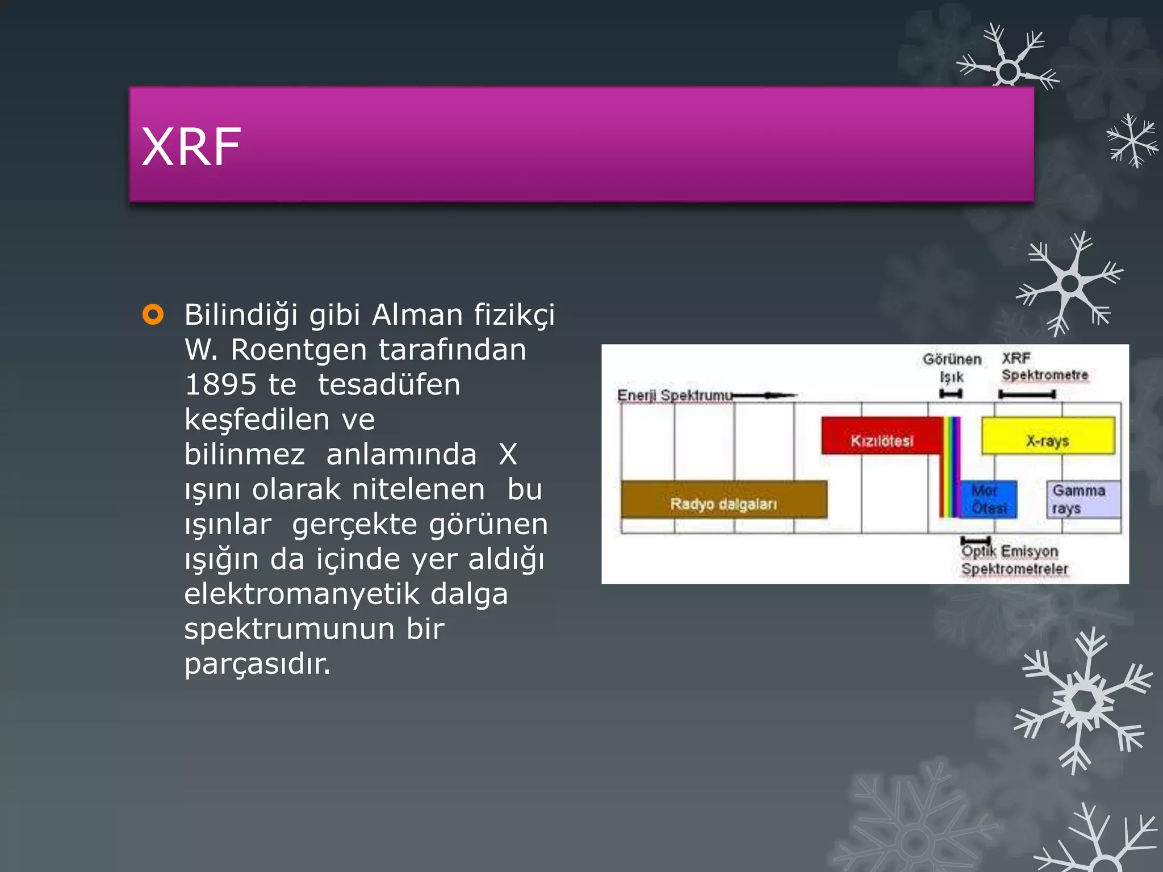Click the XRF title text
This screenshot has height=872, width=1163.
point(191,147)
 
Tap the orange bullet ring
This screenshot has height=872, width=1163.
point(153,314)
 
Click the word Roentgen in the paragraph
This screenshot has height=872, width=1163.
point(299,350)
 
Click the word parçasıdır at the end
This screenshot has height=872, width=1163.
point(257,664)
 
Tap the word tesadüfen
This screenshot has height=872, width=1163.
point(389,385)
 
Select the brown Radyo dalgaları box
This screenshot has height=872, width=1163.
point(723,500)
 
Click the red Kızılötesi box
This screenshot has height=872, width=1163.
point(882,435)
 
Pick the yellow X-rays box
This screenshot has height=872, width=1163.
point(1048,435)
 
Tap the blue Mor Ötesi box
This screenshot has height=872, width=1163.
point(988,499)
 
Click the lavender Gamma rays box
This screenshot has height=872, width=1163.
point(1083,499)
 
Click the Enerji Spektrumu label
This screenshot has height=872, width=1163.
point(674,395)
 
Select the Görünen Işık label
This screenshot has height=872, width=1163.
point(952,367)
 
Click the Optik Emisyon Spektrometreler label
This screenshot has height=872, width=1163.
point(1014,560)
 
